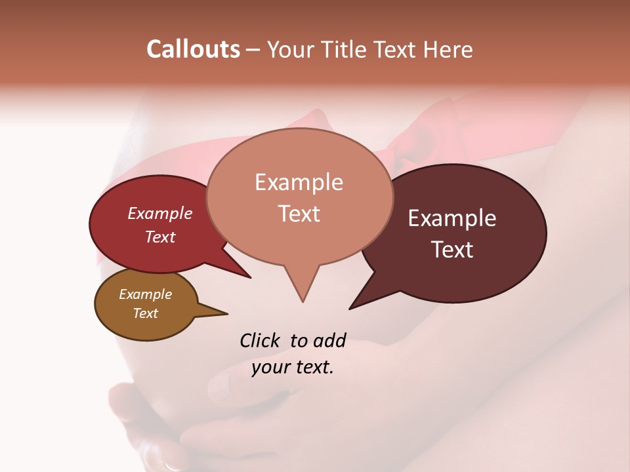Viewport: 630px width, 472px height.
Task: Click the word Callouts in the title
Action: pyautogui.click(x=193, y=49)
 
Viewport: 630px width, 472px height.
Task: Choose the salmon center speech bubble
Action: pyautogui.click(x=299, y=197)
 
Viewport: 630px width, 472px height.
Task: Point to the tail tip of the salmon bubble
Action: pyautogui.click(x=303, y=301)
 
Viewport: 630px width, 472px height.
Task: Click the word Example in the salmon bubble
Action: pyautogui.click(x=299, y=182)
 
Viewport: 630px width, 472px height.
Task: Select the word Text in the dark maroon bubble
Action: pyautogui.click(x=453, y=250)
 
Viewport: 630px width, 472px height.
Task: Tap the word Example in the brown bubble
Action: pyautogui.click(x=146, y=294)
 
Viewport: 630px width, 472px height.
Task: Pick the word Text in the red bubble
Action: pyautogui.click(x=159, y=237)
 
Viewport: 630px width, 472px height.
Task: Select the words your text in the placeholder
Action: pyautogui.click(x=293, y=367)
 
